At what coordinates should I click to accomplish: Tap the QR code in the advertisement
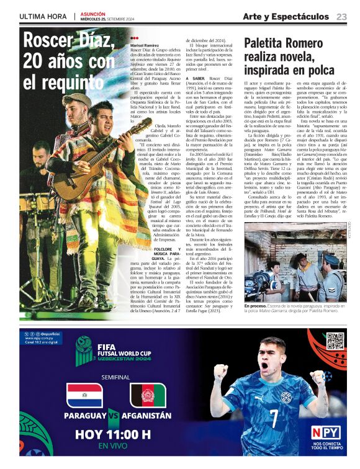[335, 341]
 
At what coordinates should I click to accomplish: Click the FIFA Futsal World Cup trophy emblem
[85, 348]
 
